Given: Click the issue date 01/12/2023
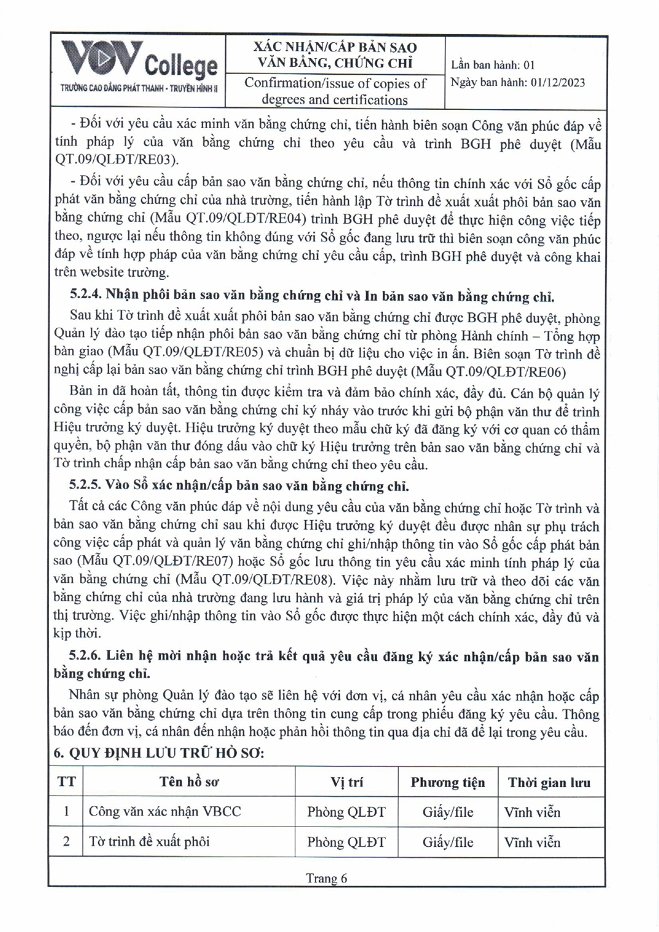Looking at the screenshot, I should point(558,82).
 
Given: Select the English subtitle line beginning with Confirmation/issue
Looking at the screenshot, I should point(335,84).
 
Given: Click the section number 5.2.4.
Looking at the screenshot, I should point(86,296).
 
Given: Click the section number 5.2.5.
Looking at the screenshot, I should point(86,485).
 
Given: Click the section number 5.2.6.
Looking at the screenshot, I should point(86,657).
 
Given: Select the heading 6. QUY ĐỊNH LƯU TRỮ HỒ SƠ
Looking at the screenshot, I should point(158,754).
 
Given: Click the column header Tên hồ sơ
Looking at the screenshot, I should point(189,782).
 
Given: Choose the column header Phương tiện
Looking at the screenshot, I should point(447,783).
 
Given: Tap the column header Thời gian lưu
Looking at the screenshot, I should point(549,783).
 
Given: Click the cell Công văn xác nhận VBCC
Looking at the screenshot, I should point(165,812).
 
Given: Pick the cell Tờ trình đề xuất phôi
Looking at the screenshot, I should point(149,842).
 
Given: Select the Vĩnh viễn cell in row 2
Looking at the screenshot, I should point(532,842).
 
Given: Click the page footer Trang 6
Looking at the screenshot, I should point(326,878).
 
